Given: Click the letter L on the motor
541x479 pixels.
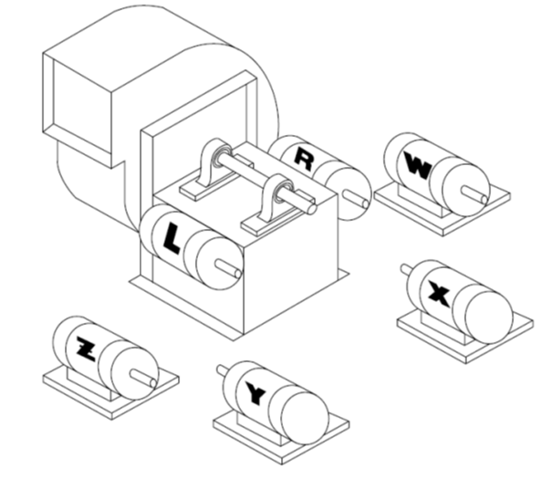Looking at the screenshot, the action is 172,238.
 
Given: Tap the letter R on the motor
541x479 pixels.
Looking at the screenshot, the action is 304,160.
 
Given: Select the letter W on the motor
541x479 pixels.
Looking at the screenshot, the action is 418,166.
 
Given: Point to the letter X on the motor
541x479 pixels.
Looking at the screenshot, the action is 439,294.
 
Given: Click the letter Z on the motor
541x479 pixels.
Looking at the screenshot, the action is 86,349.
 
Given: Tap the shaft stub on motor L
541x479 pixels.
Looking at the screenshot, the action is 228,269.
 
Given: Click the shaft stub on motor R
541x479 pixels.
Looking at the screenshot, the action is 356,200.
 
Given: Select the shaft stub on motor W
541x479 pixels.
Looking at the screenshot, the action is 474,194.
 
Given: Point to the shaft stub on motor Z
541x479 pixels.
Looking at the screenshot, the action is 144,378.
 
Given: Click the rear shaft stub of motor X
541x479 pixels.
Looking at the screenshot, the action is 406,268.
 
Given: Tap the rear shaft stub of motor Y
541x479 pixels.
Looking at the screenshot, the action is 223,370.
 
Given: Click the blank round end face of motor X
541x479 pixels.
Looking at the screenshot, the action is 489,318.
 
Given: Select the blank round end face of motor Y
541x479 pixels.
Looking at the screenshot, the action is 305,418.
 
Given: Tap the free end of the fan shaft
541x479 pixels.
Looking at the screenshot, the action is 312,209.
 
